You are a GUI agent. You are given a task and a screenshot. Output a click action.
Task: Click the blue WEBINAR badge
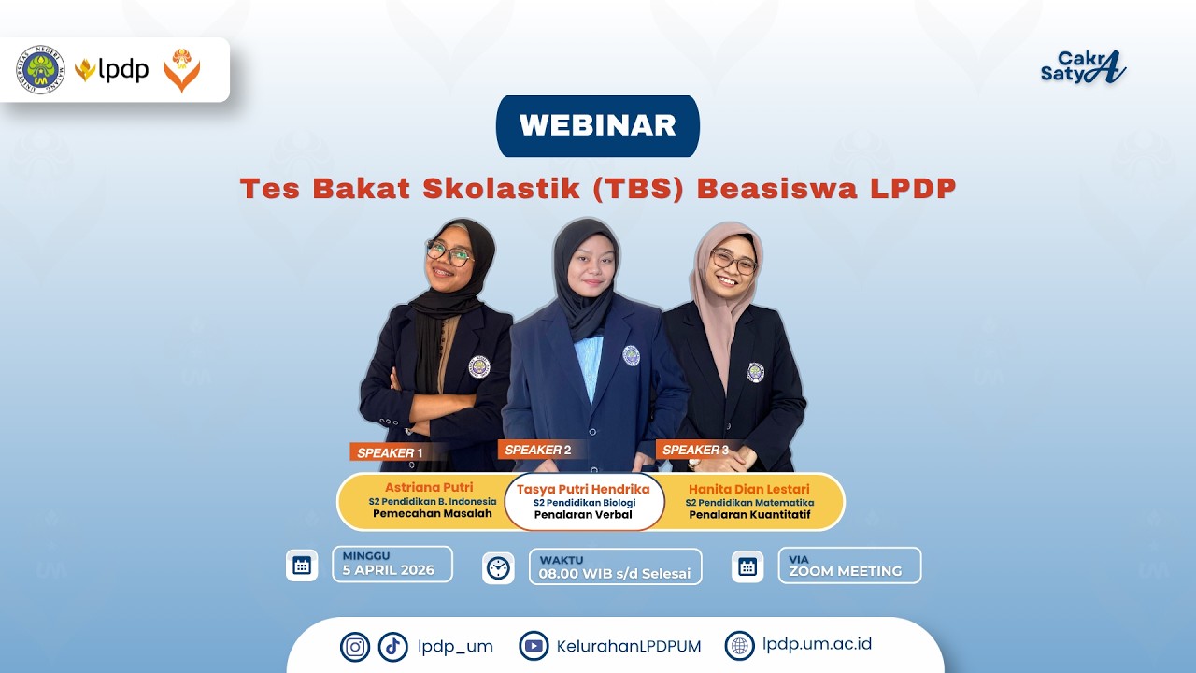(597, 125)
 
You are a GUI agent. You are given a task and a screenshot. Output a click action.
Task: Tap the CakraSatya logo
(1083, 66)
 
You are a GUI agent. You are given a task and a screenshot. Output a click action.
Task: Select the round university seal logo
(40, 70)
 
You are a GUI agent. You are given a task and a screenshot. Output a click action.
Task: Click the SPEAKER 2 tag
(537, 450)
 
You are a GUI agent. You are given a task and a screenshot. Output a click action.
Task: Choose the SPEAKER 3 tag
(695, 450)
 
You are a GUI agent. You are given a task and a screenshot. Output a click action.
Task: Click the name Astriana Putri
(429, 487)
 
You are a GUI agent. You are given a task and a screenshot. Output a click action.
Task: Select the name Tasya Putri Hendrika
(583, 489)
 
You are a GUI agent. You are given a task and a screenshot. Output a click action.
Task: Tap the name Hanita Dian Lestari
(748, 489)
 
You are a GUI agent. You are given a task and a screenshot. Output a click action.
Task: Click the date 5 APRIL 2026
(388, 570)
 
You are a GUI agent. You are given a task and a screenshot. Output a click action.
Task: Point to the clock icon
(499, 567)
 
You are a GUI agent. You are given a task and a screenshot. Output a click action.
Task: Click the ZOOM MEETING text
(845, 571)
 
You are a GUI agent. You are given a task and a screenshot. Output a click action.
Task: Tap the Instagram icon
(355, 646)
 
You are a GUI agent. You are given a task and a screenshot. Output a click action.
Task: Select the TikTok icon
(393, 646)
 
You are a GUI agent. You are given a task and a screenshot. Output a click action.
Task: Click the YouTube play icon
(534, 645)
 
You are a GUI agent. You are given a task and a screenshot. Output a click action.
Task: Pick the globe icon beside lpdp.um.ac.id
(739, 645)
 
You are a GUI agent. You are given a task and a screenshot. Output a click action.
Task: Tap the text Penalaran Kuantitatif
(751, 513)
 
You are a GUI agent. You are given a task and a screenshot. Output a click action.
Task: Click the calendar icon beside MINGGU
(302, 565)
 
